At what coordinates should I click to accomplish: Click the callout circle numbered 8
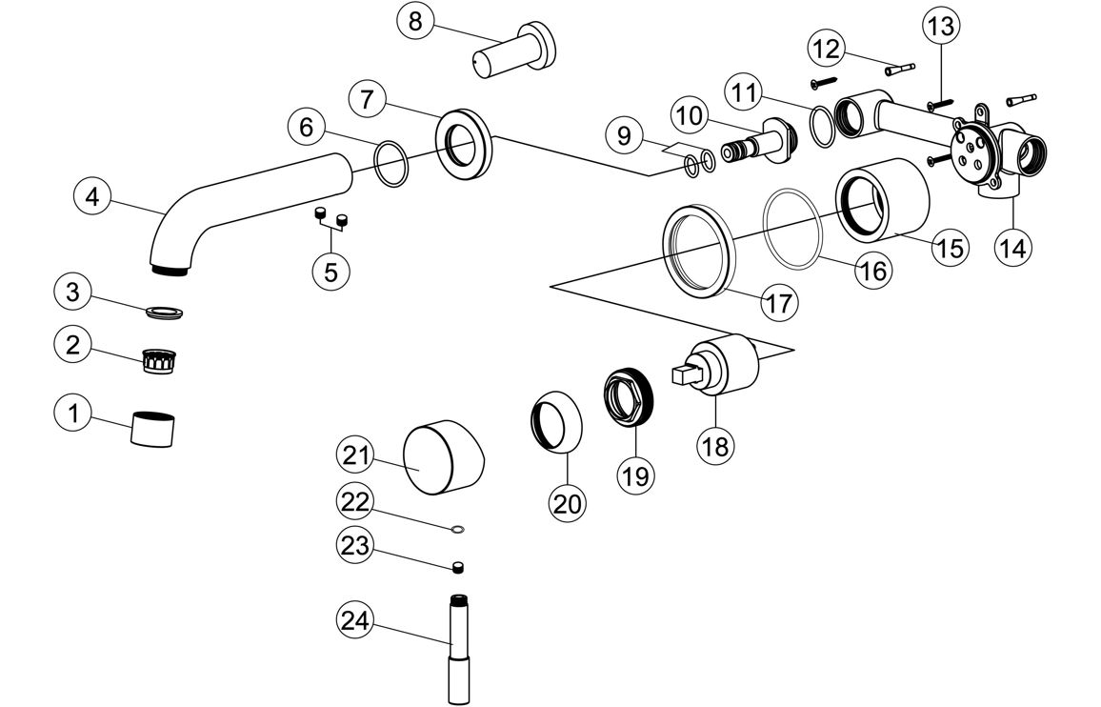[415, 21]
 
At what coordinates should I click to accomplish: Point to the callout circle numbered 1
[72, 414]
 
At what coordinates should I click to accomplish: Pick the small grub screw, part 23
[458, 568]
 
